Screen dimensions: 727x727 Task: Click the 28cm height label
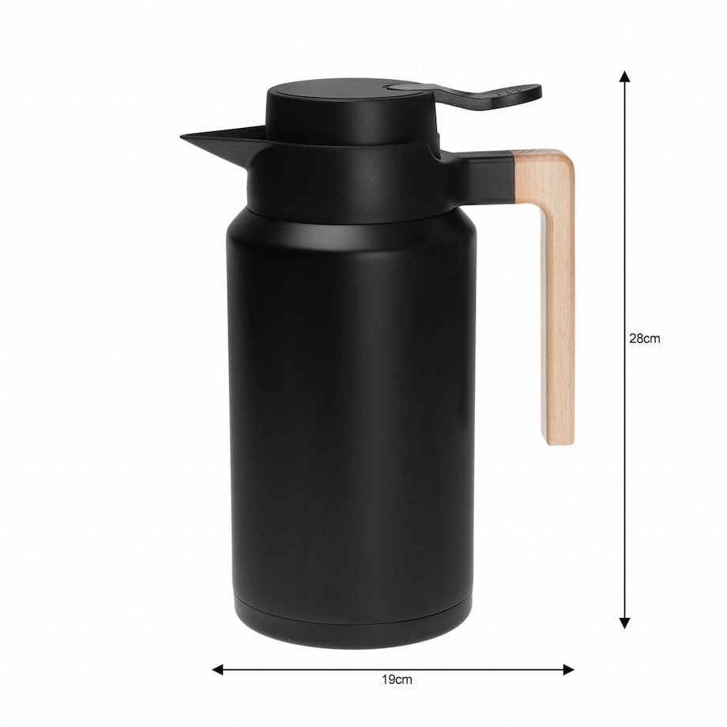click(644, 338)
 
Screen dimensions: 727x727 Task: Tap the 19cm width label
click(397, 680)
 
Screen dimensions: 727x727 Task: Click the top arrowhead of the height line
click(624, 77)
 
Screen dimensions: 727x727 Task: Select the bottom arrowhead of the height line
click(624, 623)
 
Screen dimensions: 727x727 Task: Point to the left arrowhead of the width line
click(217, 669)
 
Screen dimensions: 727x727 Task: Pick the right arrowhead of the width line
click(568, 669)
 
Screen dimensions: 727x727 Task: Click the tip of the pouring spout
click(181, 136)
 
